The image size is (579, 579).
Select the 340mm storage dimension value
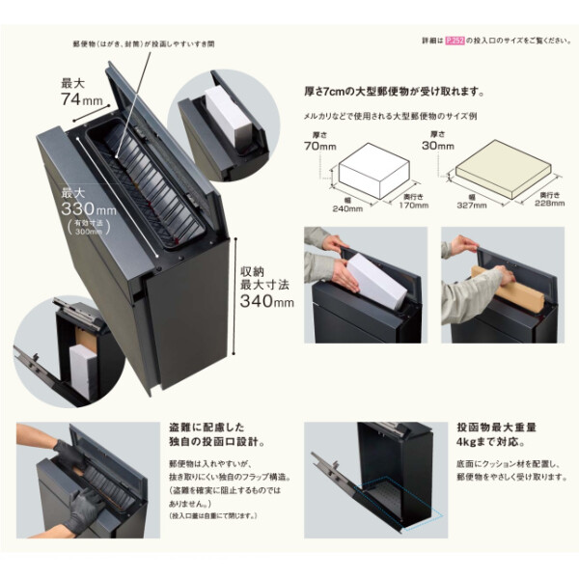pyautogui.click(x=266, y=302)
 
